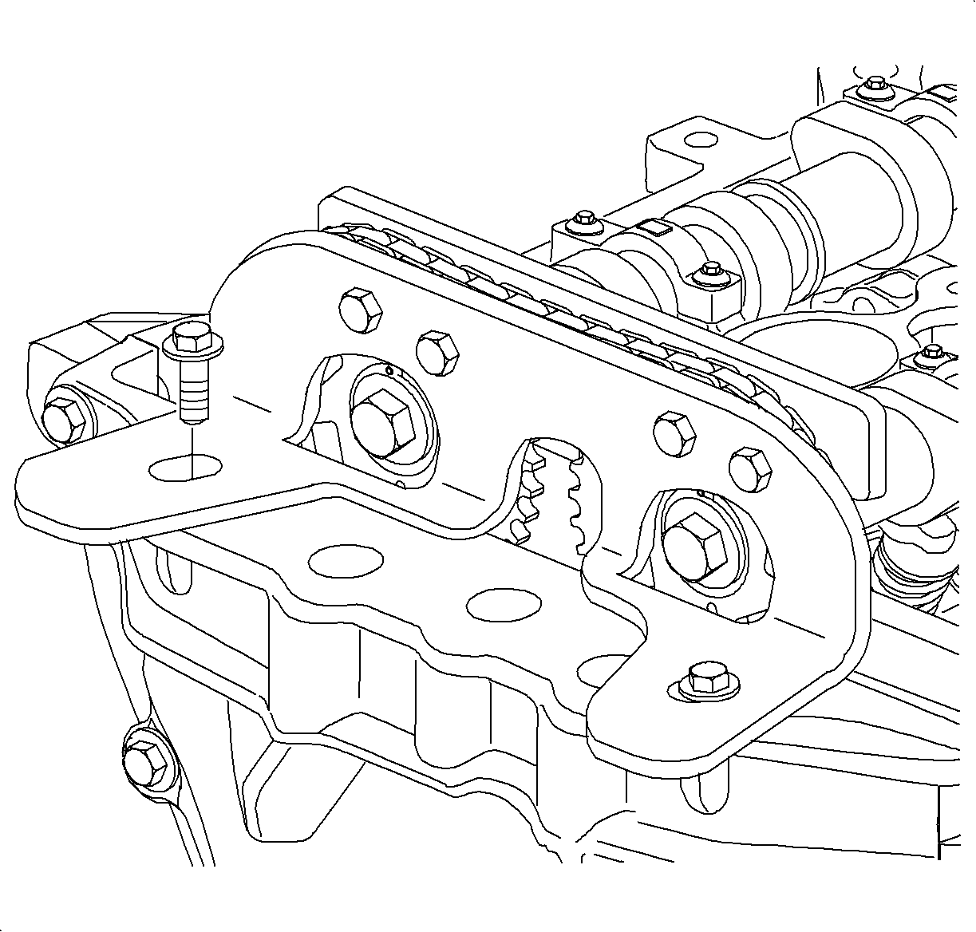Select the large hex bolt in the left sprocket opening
point(382,423)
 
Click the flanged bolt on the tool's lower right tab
point(702,679)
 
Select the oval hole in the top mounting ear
point(701,140)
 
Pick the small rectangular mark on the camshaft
point(660,230)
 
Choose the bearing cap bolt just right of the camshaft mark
point(709,273)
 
